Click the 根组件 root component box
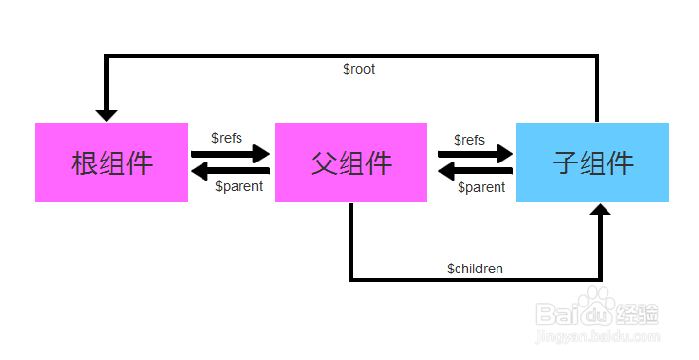tap(111, 162)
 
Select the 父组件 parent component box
tap(350, 162)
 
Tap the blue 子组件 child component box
tap(592, 162)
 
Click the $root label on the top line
tap(358, 70)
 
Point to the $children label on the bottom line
tap(475, 268)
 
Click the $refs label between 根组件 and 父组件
tap(227, 138)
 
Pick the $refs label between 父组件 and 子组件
tap(469, 140)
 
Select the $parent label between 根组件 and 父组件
tap(239, 186)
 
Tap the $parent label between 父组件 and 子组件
tap(481, 187)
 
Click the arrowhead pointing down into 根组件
tap(106, 114)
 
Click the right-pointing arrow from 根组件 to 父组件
tap(230, 154)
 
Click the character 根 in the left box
tap(85, 162)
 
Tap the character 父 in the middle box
tap(324, 162)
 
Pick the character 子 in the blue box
tap(566, 162)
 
